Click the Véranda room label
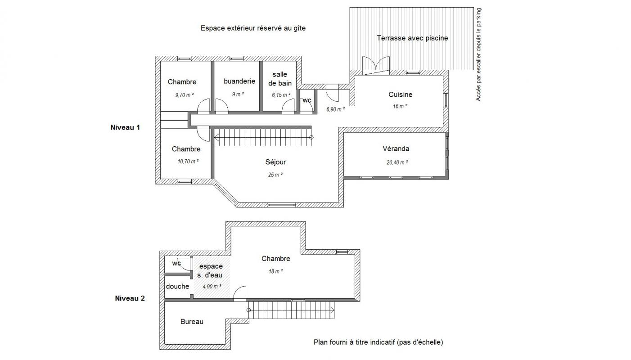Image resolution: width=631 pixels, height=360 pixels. pos(396,148)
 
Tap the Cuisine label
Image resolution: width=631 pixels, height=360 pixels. pos(400,94)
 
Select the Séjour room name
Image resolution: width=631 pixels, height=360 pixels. pos(275,162)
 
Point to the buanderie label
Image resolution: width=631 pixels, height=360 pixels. pos(239,81)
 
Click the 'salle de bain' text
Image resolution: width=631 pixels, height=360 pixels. pos(280,79)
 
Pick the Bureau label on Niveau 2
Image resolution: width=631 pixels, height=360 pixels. pos(192,321)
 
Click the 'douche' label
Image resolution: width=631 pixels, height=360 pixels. pos(177,286)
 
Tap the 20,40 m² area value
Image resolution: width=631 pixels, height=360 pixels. pos(397,162)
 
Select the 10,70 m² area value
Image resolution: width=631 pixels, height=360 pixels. pos(188,162)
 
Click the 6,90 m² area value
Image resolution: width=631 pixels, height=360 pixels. pos(336,109)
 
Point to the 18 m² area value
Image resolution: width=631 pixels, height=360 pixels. pos(276,271)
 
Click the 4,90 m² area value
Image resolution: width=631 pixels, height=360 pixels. pos(212,287)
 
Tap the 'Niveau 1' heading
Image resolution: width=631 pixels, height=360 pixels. pos(125,127)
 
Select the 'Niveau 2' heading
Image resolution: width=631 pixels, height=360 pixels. pos(130,298)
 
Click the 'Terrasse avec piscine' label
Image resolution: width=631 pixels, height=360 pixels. pos(412,38)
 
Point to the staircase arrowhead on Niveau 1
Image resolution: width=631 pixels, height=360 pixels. pos(216,138)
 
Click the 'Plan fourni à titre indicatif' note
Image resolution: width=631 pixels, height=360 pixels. pos(379,342)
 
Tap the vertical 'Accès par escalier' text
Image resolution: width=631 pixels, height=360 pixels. pos(478,54)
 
